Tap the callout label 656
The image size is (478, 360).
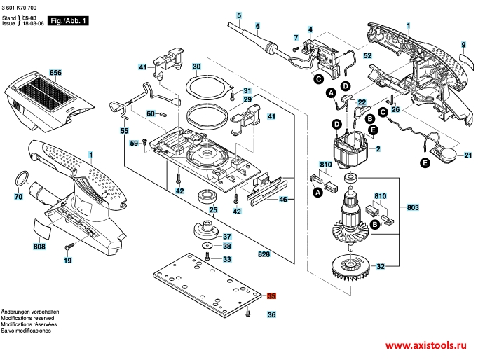[56, 72]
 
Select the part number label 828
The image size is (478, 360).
[264, 254]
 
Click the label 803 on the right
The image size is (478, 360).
[413, 208]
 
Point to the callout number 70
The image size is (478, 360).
[19, 198]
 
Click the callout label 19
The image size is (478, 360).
[68, 261]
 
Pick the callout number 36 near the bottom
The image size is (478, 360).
[271, 316]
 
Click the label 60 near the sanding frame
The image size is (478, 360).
[151, 113]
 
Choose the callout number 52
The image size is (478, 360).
[367, 55]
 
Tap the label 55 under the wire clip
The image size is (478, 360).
[125, 131]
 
